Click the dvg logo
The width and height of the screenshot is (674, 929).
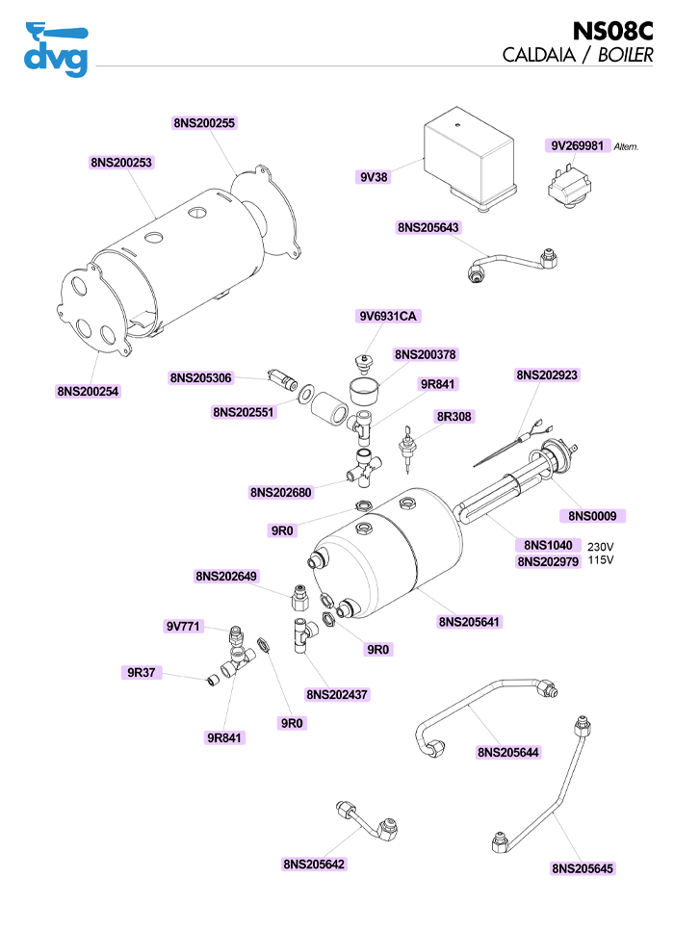pyautogui.click(x=55, y=50)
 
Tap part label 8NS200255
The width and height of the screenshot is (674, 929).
pyautogui.click(x=204, y=123)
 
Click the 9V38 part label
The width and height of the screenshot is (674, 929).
pyautogui.click(x=373, y=177)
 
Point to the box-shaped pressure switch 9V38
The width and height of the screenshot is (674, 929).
pyautogui.click(x=472, y=154)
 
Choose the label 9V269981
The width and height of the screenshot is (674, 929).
pyautogui.click(x=577, y=146)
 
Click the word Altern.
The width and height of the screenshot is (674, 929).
pyautogui.click(x=626, y=147)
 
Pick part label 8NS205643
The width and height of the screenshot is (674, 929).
pyautogui.click(x=428, y=228)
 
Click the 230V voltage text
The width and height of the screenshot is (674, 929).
pyautogui.click(x=601, y=546)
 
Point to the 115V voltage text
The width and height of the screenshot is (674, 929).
pyautogui.click(x=601, y=560)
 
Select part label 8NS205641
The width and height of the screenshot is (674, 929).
pyautogui.click(x=471, y=622)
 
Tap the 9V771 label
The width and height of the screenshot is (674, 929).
pyautogui.click(x=183, y=627)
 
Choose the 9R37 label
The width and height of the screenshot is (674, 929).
pyautogui.click(x=141, y=672)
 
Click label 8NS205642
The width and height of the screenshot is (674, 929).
pyautogui.click(x=314, y=864)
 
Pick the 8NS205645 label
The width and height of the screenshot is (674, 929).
pyautogui.click(x=583, y=868)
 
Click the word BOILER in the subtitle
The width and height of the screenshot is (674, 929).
pyautogui.click(x=626, y=55)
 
